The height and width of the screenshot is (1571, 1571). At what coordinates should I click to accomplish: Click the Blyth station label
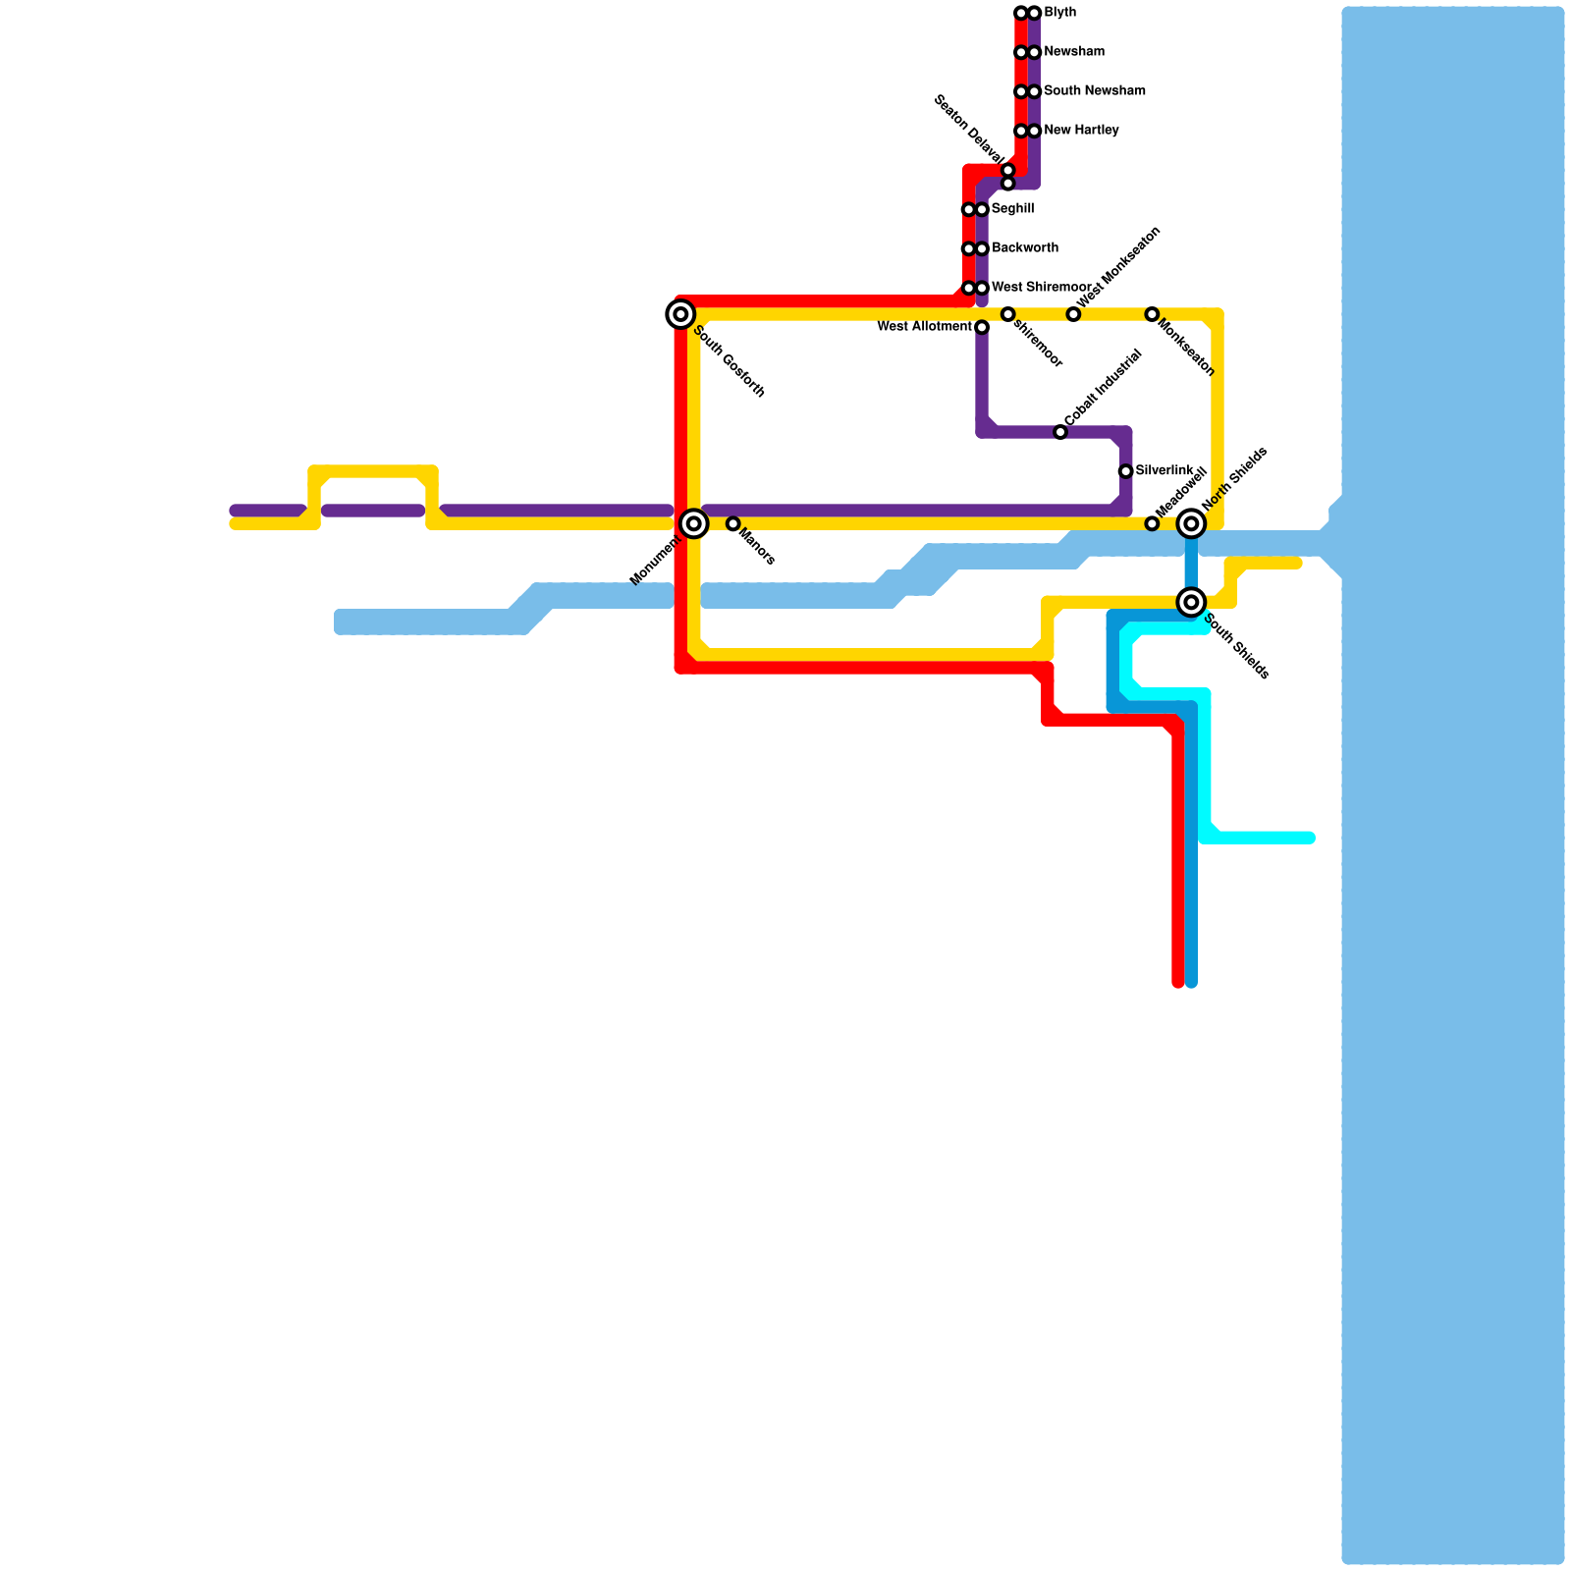tap(1059, 13)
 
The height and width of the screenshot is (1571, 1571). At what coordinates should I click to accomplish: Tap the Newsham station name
tap(1073, 52)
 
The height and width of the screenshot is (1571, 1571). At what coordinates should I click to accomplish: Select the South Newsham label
tap(1094, 91)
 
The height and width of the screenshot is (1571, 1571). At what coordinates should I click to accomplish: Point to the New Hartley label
tap(1080, 131)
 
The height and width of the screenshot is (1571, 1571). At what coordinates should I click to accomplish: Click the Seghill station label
tap(1011, 209)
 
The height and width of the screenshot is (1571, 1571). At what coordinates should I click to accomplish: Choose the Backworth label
tap(1024, 248)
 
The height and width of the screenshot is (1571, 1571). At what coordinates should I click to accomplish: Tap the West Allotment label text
tap(924, 327)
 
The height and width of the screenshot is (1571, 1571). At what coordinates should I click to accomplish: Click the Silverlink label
tap(1164, 471)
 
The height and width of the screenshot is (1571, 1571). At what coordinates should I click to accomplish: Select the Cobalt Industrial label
tap(1103, 389)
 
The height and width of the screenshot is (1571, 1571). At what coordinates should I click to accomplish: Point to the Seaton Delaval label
tap(968, 130)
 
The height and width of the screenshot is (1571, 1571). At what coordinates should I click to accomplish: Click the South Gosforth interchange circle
tap(680, 314)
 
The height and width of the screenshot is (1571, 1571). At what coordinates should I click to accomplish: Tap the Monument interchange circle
tap(694, 523)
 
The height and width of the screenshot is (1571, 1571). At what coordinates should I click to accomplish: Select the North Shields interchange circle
tap(1191, 523)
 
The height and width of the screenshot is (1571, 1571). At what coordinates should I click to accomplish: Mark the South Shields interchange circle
tap(1191, 602)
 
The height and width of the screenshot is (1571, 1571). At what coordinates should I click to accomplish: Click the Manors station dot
tap(732, 523)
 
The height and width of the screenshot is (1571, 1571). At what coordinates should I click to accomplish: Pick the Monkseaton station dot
tap(1152, 314)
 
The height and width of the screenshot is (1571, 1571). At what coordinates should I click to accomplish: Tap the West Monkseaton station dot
tap(1073, 314)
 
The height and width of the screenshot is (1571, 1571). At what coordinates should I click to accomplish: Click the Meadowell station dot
tap(1152, 523)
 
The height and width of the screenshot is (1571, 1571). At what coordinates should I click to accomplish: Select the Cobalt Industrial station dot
tap(1060, 432)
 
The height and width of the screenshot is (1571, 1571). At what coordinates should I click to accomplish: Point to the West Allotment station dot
tap(982, 327)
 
